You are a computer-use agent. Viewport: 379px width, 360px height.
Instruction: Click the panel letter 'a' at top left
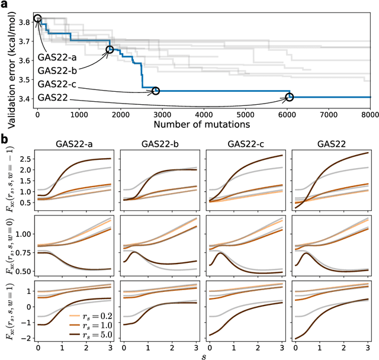pyautogui.click(x=5, y=6)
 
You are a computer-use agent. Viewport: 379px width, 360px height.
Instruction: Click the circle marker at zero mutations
pyautogui.click(x=38, y=19)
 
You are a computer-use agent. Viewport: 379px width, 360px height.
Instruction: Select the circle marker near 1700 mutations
pyautogui.click(x=109, y=50)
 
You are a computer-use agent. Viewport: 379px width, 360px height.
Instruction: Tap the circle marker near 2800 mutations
pyautogui.click(x=155, y=91)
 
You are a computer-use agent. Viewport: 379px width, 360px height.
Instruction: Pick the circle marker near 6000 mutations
pyautogui.click(x=289, y=97)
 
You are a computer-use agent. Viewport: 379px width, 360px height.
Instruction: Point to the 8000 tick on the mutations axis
pyautogui.click(x=370, y=115)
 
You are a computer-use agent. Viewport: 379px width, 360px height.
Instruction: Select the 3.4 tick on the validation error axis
pyautogui.click(x=25, y=98)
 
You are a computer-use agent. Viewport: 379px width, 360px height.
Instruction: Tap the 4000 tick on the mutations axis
pyautogui.click(x=203, y=115)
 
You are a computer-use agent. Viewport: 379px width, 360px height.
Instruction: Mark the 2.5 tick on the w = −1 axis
pyautogui.click(x=25, y=159)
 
